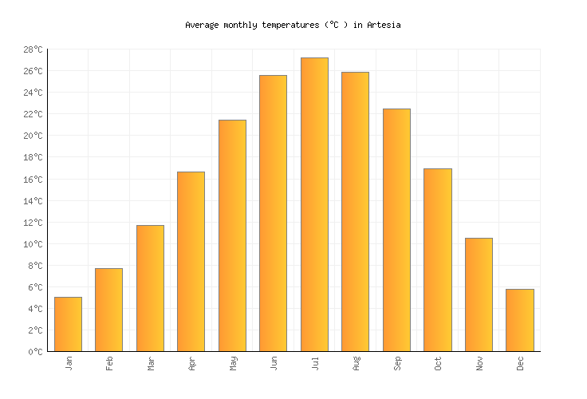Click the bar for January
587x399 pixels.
(x=68, y=324)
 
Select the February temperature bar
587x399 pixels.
(x=108, y=310)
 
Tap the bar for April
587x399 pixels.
(x=191, y=262)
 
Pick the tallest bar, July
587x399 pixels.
(x=314, y=204)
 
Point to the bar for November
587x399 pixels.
(x=479, y=294)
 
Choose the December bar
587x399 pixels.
(x=520, y=320)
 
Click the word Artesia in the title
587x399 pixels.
(x=384, y=25)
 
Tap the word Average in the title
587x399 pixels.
(x=202, y=25)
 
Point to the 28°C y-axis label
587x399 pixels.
(x=33, y=49)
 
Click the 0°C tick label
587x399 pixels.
(x=36, y=351)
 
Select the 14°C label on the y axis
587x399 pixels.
(x=33, y=200)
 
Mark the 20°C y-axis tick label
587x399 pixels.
(x=33, y=136)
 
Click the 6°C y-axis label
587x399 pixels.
(x=36, y=286)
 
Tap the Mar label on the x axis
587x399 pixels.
(x=151, y=363)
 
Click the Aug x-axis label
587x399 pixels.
(x=356, y=363)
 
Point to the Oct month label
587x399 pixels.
(x=438, y=363)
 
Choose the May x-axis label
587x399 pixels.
(x=233, y=363)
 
